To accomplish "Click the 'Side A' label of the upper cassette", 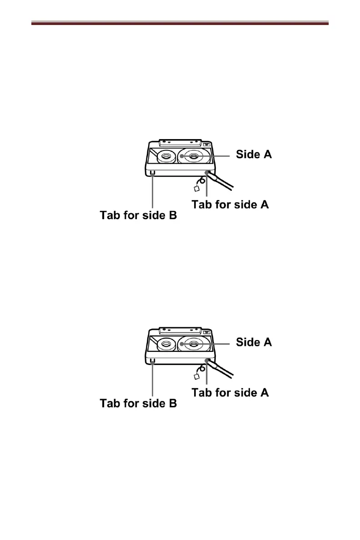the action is [254, 155].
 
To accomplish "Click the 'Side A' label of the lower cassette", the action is [254, 342].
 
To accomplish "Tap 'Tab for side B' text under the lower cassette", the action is [138, 403].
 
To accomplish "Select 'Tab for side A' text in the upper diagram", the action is [230, 205].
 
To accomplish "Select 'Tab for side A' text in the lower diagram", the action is [230, 392].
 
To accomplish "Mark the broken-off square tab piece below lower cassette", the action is [197, 376].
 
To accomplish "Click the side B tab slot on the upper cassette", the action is [152, 173].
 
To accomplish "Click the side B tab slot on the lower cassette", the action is [152, 360].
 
